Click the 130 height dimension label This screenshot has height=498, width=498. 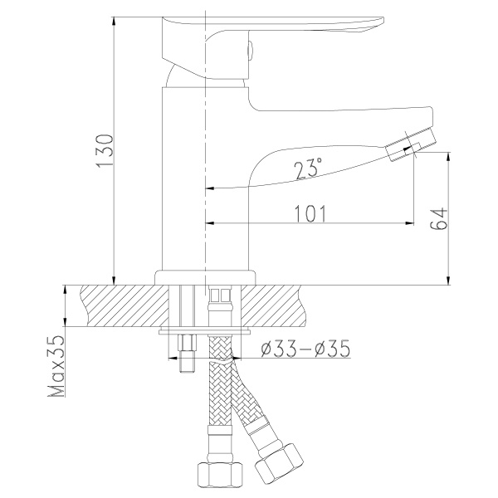(x=105, y=150)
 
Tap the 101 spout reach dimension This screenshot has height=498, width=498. (x=310, y=213)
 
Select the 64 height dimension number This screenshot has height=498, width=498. (x=439, y=219)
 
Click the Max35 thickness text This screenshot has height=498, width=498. (x=56, y=366)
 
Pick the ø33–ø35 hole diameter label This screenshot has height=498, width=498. (x=305, y=349)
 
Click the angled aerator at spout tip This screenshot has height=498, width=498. (x=410, y=144)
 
